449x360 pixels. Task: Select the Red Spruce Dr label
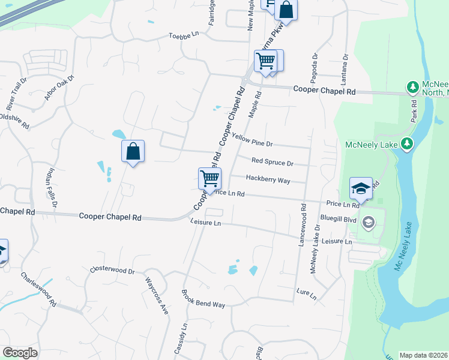click(272, 163)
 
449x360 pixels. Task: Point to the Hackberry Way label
click(268, 179)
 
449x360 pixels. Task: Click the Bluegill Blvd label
click(339, 219)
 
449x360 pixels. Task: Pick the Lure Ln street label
click(306, 292)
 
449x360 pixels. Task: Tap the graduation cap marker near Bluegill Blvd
click(361, 188)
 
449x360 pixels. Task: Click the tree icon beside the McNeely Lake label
click(407, 143)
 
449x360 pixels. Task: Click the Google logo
click(20, 353)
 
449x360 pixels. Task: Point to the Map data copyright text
click(424, 355)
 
